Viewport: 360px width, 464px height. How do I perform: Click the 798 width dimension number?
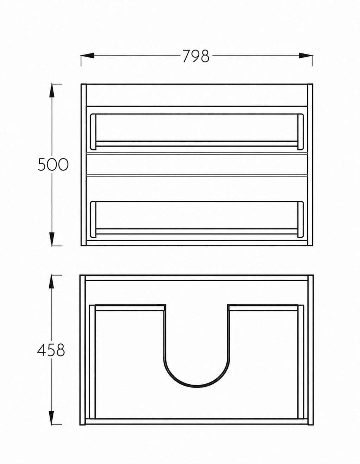point(196,56)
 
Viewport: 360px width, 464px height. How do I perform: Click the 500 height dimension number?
point(53,165)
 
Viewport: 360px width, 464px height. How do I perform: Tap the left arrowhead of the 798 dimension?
point(88,56)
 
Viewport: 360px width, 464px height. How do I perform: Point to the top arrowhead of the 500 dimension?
point(52,91)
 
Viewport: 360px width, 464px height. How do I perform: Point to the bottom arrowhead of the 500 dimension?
point(52,239)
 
